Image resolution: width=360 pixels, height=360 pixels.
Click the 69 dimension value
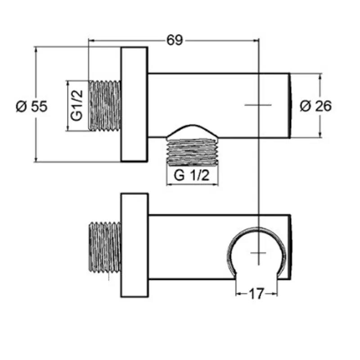[175, 40]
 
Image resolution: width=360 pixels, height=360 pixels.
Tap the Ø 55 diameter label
[31, 106]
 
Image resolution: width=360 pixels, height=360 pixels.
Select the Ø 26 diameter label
[316, 106]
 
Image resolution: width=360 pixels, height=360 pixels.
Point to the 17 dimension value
[256, 294]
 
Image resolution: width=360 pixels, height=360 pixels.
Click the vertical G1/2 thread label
[76, 105]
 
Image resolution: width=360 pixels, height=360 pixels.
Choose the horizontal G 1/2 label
[192, 175]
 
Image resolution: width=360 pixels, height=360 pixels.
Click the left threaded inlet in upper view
[105, 106]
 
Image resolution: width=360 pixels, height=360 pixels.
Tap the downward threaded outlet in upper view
[192, 152]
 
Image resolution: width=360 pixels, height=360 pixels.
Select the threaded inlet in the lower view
[105, 247]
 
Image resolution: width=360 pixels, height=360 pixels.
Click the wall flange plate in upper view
[134, 104]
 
